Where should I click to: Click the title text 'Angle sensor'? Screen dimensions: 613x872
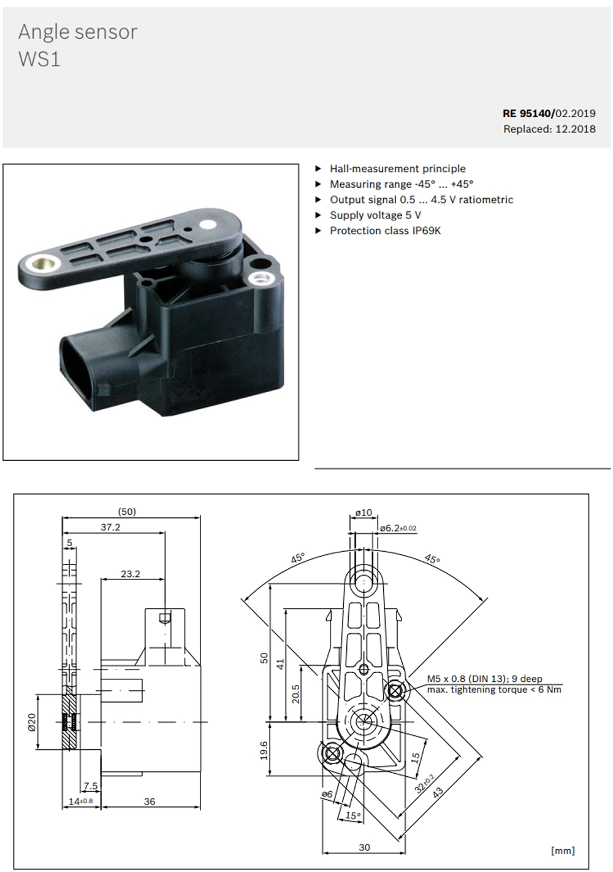tap(78, 33)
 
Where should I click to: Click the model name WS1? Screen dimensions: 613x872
tap(39, 60)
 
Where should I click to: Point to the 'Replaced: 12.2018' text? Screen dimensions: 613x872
tap(549, 129)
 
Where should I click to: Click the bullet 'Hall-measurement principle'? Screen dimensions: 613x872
tap(397, 169)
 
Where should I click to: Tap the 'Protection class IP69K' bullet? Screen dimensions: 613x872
tap(385, 231)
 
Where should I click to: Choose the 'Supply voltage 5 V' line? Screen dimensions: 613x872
tap(375, 215)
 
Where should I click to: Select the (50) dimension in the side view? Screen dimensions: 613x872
tap(127, 512)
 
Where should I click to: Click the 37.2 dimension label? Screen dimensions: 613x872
tap(110, 527)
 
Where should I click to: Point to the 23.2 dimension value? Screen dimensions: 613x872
tap(131, 574)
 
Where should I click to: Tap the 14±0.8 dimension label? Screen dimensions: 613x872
tap(80, 801)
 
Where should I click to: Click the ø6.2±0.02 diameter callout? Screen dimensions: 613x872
tap(398, 528)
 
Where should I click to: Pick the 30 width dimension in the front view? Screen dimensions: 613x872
tap(364, 847)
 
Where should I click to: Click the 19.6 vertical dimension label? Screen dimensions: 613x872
tap(264, 750)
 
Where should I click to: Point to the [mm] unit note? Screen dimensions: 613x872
tap(563, 850)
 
